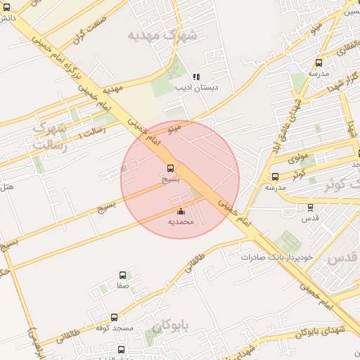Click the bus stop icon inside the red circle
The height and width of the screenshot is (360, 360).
pos(171,168)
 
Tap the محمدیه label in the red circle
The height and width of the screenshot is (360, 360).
pos(181,221)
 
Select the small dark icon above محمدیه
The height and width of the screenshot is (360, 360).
pos(181,211)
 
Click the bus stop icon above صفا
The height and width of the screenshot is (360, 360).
pos(123,276)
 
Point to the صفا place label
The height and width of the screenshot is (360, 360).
pos(123,286)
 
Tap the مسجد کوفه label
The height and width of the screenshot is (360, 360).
pos(115,328)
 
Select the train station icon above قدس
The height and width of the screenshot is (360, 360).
pos(310,207)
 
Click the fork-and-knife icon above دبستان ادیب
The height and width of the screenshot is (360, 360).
pos(197,77)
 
